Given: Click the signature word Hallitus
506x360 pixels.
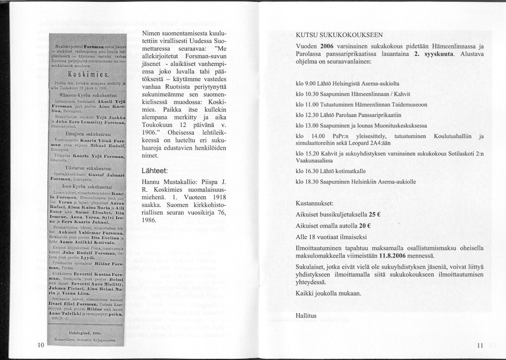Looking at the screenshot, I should click(306, 316).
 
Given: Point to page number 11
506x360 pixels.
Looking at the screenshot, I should click(480, 345).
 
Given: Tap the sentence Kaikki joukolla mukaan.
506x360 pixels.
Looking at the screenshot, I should click(328, 293).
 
